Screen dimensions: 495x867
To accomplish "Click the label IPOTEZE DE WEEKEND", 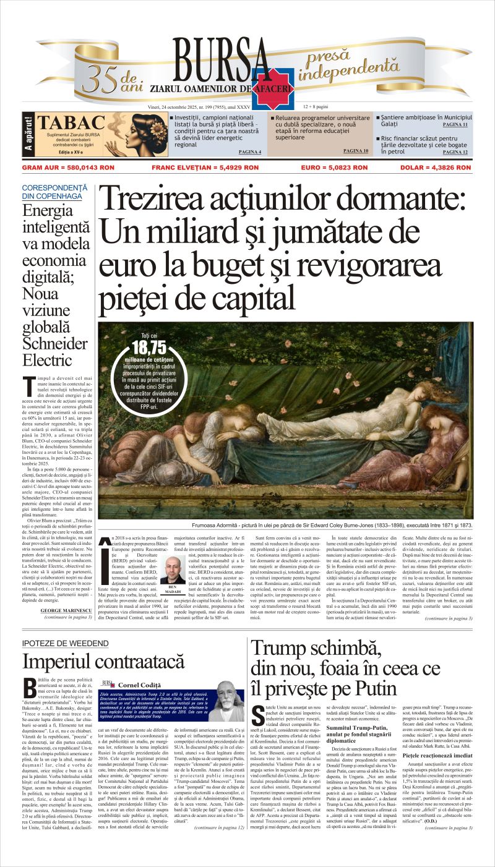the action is click(65, 644).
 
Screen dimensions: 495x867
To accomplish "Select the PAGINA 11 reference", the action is click(455, 124).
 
